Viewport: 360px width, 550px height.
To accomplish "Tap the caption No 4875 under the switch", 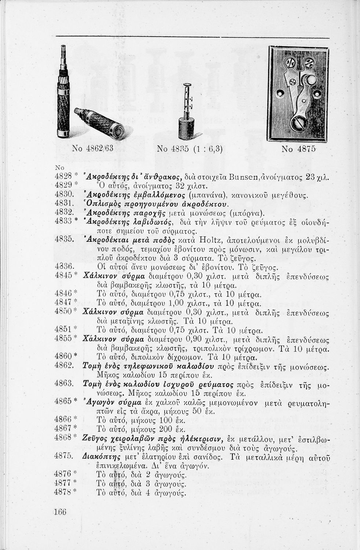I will pyautogui.click(x=298, y=149).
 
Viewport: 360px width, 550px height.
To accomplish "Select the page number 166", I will pyautogui.click(x=60, y=512).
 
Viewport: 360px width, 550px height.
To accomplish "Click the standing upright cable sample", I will pyautogui.click(x=63, y=95).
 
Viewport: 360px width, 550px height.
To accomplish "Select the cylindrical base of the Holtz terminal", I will pyautogui.click(x=186, y=129).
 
